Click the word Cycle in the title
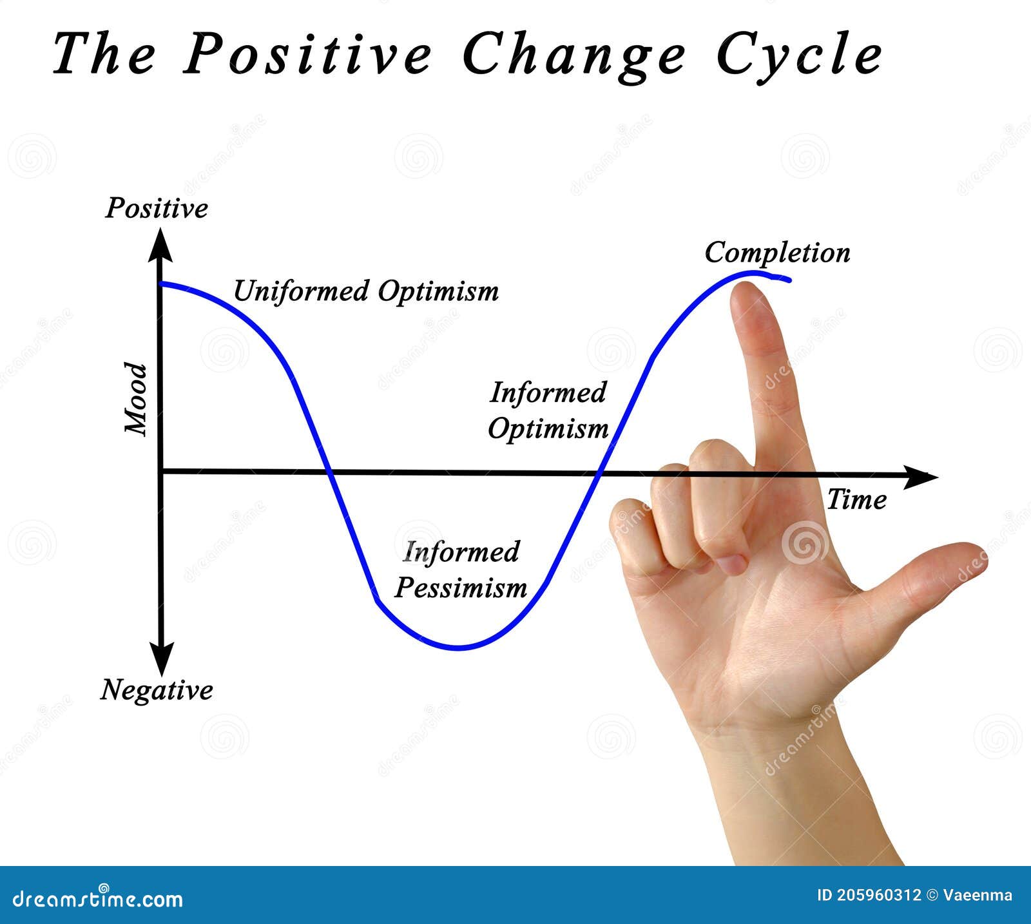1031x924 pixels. [x=799, y=55]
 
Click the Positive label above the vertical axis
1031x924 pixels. [x=157, y=208]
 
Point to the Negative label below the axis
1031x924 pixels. [x=157, y=689]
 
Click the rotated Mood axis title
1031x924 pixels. [x=136, y=399]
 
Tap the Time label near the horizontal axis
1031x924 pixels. [x=856, y=499]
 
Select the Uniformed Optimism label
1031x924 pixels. [x=365, y=291]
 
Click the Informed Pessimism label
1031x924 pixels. [x=461, y=570]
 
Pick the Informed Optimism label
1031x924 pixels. [x=548, y=410]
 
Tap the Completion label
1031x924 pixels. [x=777, y=253]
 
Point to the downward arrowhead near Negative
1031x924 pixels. [x=161, y=660]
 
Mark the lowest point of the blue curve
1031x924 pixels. [x=459, y=648]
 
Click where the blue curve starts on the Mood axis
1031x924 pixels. [x=162, y=284]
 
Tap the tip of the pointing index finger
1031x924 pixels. [x=749, y=290]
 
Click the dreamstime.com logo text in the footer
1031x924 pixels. [x=98, y=898]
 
